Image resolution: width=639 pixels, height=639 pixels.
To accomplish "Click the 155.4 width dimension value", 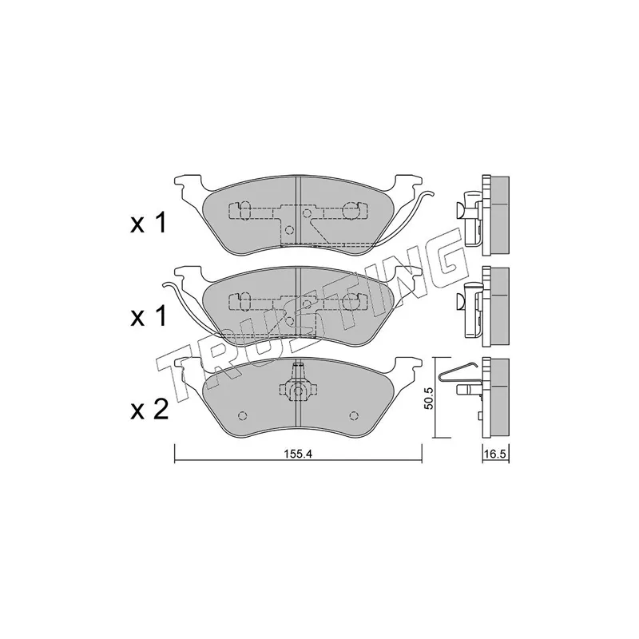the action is coord(298,454).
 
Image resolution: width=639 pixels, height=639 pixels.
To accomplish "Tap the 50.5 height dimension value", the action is coord(427,398).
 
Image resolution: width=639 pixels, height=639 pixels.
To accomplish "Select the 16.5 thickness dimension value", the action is coord(496,454).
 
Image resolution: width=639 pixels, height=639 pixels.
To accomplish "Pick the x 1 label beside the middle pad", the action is coord(149,316).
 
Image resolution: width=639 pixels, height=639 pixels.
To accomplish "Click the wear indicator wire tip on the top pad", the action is coord(433,193).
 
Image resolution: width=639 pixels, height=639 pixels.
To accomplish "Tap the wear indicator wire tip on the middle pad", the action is coord(165,284).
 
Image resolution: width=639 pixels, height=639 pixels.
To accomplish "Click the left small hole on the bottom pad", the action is coord(243,415).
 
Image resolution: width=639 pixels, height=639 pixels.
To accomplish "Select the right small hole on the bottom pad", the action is coord(354,415).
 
